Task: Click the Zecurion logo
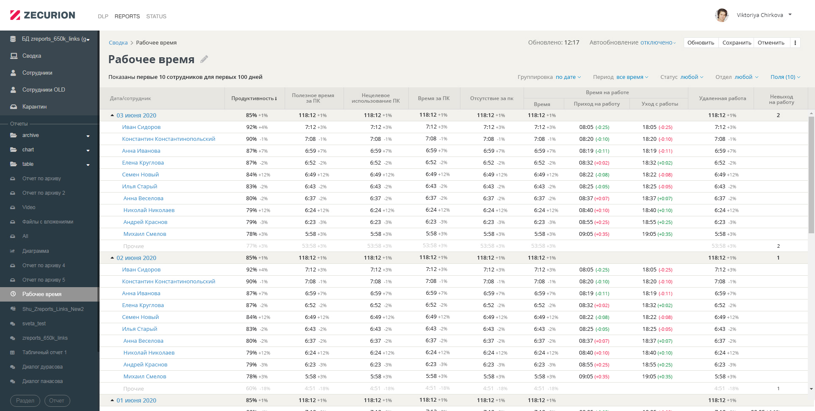[42, 15]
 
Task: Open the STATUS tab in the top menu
[156, 17]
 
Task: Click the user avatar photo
[721, 15]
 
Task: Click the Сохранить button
[737, 43]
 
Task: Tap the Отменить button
[771, 43]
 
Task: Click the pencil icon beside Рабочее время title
[204, 59]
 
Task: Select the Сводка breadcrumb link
[118, 43]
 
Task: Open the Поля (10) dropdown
[785, 77]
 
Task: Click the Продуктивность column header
[254, 98]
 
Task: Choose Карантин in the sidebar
[34, 107]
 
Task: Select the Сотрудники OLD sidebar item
[44, 90]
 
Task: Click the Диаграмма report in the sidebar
[36, 251]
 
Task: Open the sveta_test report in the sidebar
[34, 324]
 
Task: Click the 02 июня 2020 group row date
[136, 258]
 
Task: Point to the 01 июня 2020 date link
[136, 400]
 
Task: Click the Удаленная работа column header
[722, 98]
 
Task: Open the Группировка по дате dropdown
[568, 77]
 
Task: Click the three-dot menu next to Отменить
[795, 43]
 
